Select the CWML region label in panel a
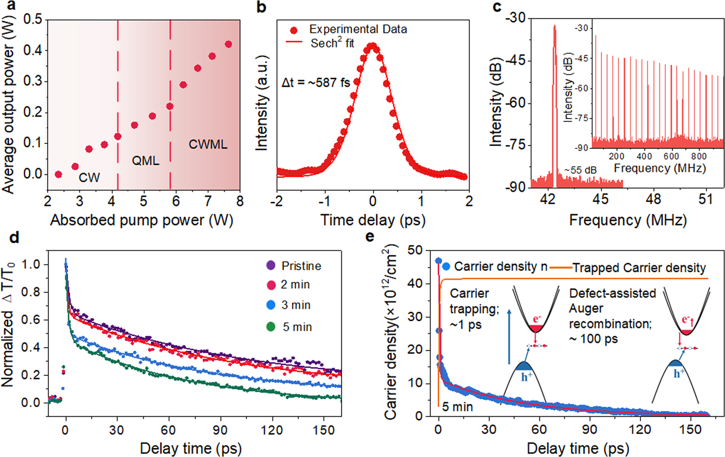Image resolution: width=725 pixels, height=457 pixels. [x=208, y=144]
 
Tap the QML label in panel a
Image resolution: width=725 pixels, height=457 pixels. [x=145, y=160]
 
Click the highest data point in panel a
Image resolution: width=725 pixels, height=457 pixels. [x=228, y=45]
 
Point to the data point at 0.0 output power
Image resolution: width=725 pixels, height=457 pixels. [x=59, y=174]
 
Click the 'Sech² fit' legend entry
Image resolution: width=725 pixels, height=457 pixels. [x=332, y=43]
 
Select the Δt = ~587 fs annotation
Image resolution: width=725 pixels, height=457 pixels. [x=316, y=83]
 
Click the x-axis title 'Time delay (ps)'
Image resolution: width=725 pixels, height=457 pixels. [x=372, y=220]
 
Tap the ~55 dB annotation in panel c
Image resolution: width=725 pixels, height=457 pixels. [x=580, y=171]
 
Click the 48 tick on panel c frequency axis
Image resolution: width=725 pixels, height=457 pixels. [x=653, y=199]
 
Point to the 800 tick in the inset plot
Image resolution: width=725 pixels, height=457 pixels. [x=699, y=157]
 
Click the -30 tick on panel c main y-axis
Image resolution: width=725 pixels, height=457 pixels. [x=515, y=18]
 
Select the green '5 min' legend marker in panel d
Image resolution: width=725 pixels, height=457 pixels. [x=271, y=327]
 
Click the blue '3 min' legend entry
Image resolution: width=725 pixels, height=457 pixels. [x=295, y=305]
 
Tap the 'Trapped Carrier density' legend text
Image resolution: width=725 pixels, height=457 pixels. [x=639, y=268]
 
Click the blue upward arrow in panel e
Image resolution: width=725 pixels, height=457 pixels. [x=509, y=337]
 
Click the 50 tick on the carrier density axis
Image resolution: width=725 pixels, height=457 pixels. [x=415, y=251]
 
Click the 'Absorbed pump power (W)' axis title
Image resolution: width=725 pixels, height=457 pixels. [x=142, y=220]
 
